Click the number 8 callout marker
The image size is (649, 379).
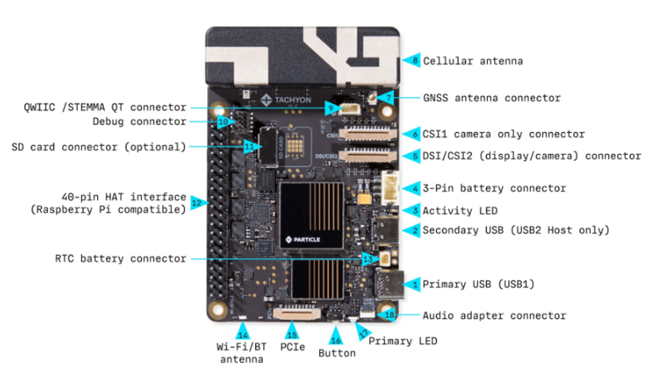[414, 61]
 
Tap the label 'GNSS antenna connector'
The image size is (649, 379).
[492, 98]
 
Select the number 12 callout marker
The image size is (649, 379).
[199, 203]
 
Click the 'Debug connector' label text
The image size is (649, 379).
[139, 121]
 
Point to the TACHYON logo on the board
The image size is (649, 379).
[286, 100]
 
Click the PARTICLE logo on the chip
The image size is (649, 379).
[303, 239]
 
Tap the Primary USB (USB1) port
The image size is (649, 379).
[389, 284]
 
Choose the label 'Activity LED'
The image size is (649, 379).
[460, 210]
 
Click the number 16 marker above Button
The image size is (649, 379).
[336, 337]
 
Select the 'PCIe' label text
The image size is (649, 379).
[292, 347]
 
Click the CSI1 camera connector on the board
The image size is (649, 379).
[368, 134]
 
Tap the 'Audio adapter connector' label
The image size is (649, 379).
[494, 316]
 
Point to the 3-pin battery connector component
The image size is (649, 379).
[389, 188]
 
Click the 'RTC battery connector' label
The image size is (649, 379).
[121, 259]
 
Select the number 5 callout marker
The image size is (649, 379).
[414, 156]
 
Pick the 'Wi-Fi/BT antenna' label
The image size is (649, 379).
[242, 353]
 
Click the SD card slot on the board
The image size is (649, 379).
[268, 147]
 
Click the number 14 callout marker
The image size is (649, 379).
[243, 333]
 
